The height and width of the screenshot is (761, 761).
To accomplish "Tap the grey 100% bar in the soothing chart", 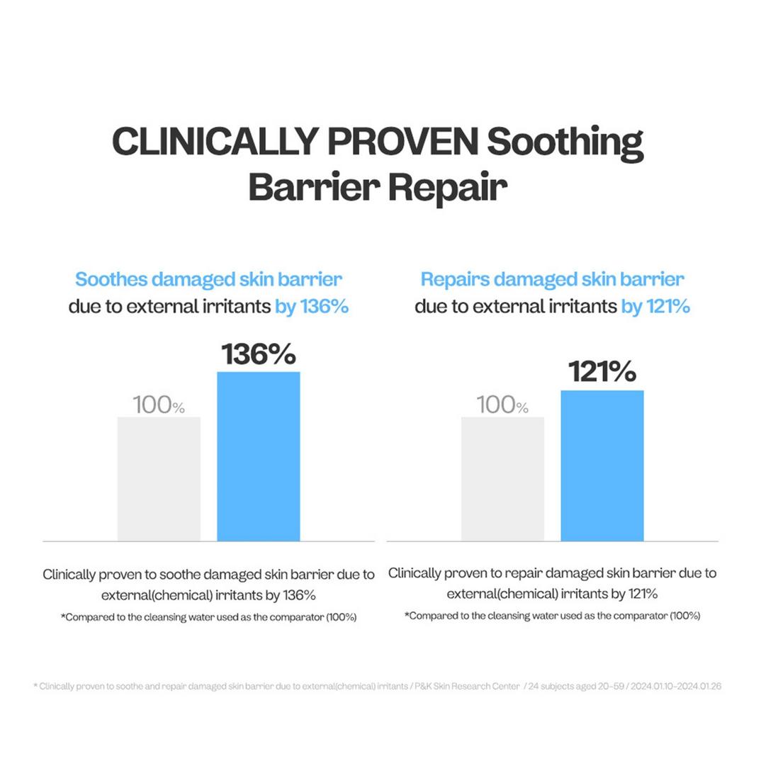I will [159, 478].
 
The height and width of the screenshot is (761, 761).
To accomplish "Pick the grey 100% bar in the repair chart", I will [502, 478].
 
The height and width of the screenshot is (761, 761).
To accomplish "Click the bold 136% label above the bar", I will [258, 354].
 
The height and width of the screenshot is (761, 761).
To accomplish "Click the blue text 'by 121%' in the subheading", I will [655, 307].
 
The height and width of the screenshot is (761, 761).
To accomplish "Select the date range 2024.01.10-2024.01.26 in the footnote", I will [670, 687].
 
